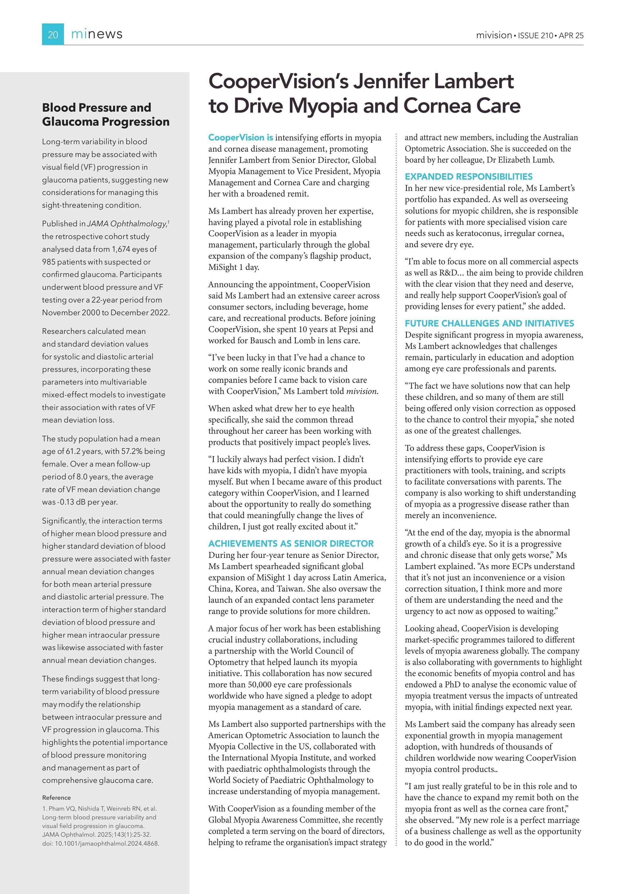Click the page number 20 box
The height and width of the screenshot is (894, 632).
(53, 35)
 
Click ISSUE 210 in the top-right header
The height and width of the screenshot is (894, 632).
(535, 35)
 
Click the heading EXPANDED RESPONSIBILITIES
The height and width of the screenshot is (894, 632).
(468, 176)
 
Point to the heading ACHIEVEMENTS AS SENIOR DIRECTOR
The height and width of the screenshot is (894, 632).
(291, 543)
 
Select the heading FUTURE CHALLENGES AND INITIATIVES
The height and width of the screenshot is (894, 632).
(489, 323)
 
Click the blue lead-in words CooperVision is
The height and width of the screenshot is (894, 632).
(240, 138)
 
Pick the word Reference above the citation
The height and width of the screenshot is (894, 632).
(56, 798)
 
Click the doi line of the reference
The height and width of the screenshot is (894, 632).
(100, 843)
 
